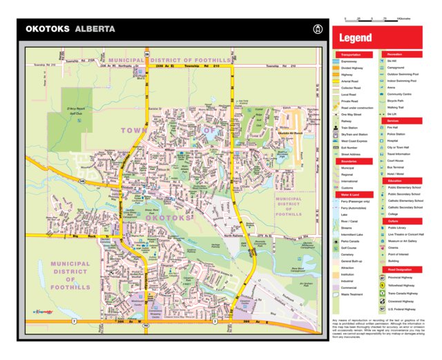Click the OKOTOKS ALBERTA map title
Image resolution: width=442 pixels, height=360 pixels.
click(x=70, y=29)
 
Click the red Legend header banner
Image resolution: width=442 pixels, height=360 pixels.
click(x=355, y=39)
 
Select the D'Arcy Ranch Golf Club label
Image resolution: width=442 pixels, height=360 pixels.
click(x=75, y=111)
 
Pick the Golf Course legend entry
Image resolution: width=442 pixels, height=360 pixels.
click(x=349, y=247)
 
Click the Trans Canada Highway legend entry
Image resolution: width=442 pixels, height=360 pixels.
click(x=405, y=293)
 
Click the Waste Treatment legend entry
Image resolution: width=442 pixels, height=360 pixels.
click(x=352, y=294)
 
